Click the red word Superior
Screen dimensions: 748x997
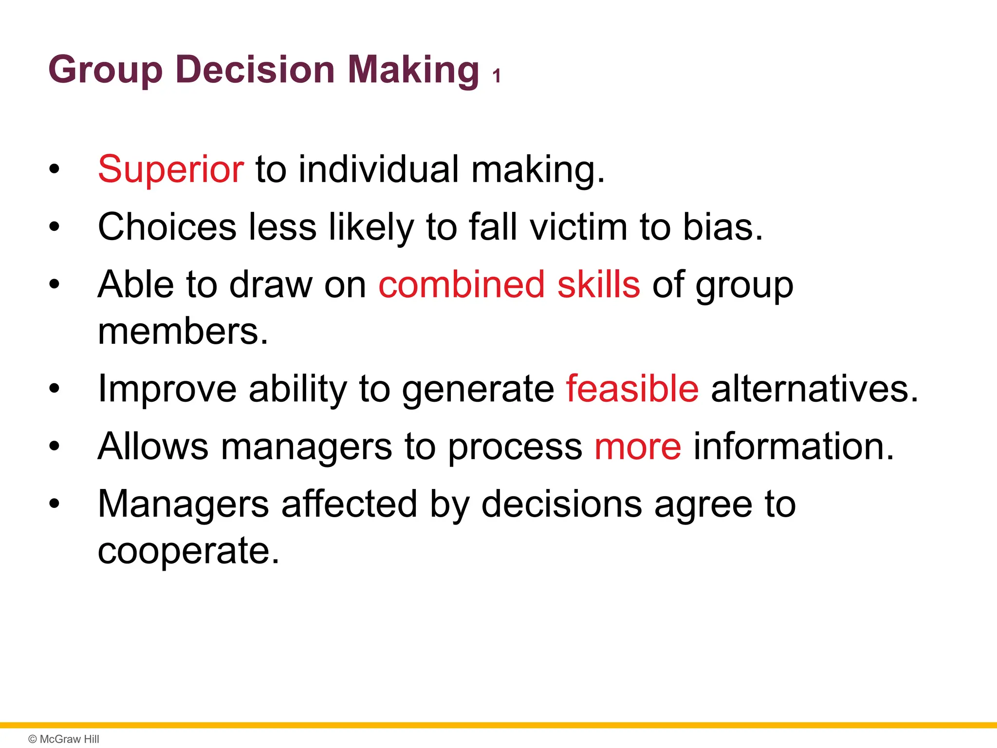[x=170, y=169]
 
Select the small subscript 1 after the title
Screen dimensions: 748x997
[x=496, y=76]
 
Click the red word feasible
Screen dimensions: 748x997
[x=632, y=389]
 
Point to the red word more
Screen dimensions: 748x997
[x=638, y=446]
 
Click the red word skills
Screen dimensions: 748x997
[x=598, y=284]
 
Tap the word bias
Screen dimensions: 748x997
[x=722, y=227]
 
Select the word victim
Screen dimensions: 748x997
[x=578, y=227]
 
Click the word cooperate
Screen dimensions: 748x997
[x=188, y=551]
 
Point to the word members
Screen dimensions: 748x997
[x=183, y=332]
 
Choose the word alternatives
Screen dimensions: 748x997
[x=814, y=389]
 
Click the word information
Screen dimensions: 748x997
[x=794, y=446]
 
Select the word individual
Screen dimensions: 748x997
[x=378, y=169]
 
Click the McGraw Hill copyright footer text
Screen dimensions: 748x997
[x=64, y=739]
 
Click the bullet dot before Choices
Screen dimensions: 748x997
[x=54, y=227]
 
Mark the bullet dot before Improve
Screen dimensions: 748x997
[x=54, y=389]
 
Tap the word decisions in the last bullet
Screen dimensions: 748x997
[x=561, y=505]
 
